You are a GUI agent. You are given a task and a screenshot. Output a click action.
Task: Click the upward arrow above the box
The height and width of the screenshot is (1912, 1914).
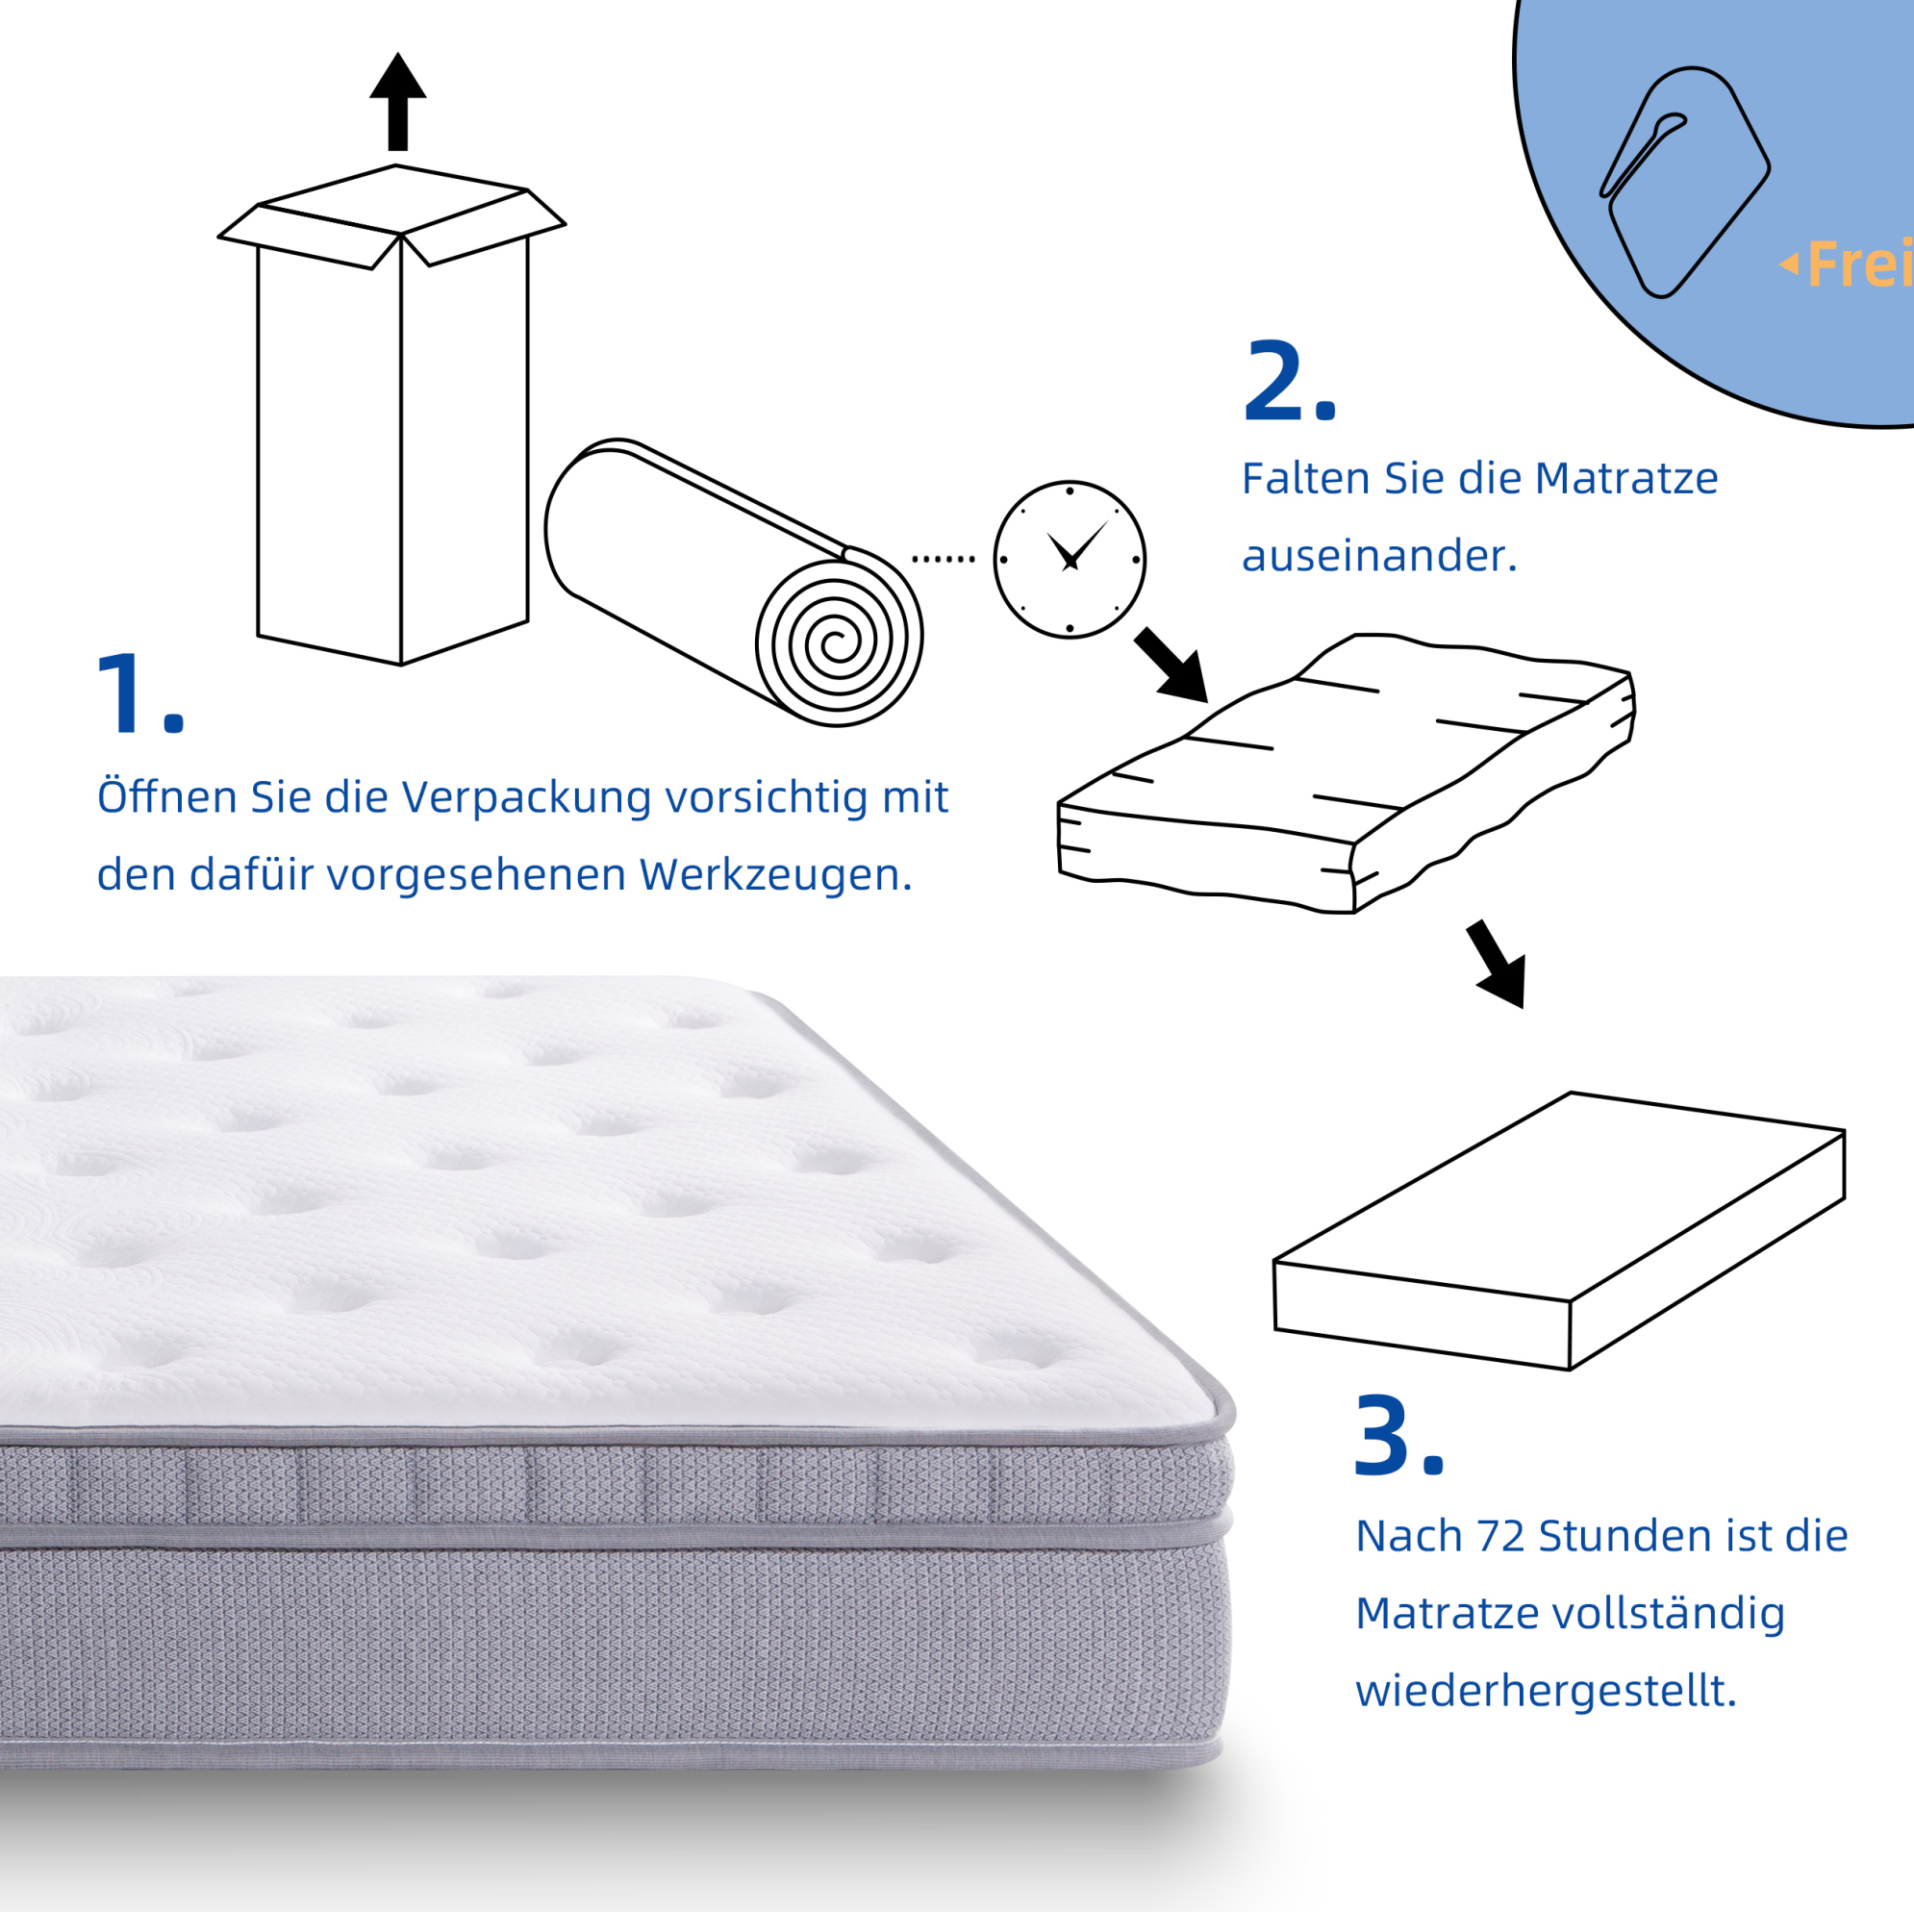[397, 101]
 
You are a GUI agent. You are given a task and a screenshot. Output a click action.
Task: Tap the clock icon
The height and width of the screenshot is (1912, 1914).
[1069, 560]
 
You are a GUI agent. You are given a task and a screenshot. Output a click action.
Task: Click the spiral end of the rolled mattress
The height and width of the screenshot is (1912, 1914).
[838, 642]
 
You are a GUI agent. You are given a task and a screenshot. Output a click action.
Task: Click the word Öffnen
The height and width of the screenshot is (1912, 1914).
[167, 795]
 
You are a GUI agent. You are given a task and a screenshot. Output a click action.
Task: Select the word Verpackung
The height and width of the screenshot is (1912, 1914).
[525, 797]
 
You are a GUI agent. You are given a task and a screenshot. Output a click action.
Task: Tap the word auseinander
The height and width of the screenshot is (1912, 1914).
[1380, 556]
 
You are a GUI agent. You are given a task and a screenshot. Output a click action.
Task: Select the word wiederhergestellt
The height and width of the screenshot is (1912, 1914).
[1547, 1691]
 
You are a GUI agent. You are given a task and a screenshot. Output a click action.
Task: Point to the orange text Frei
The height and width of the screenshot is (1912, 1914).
[1859, 264]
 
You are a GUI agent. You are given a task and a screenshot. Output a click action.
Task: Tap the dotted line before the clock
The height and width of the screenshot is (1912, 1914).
[944, 560]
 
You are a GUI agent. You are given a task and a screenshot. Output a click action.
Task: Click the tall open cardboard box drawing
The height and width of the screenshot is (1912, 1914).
[392, 415]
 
